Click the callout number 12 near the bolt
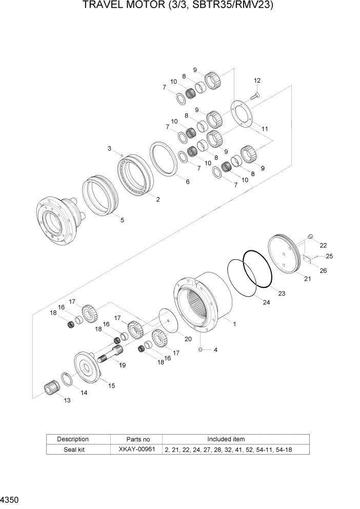(257, 81)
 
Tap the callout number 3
(109, 148)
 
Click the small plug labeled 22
(310, 236)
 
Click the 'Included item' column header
(226, 439)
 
